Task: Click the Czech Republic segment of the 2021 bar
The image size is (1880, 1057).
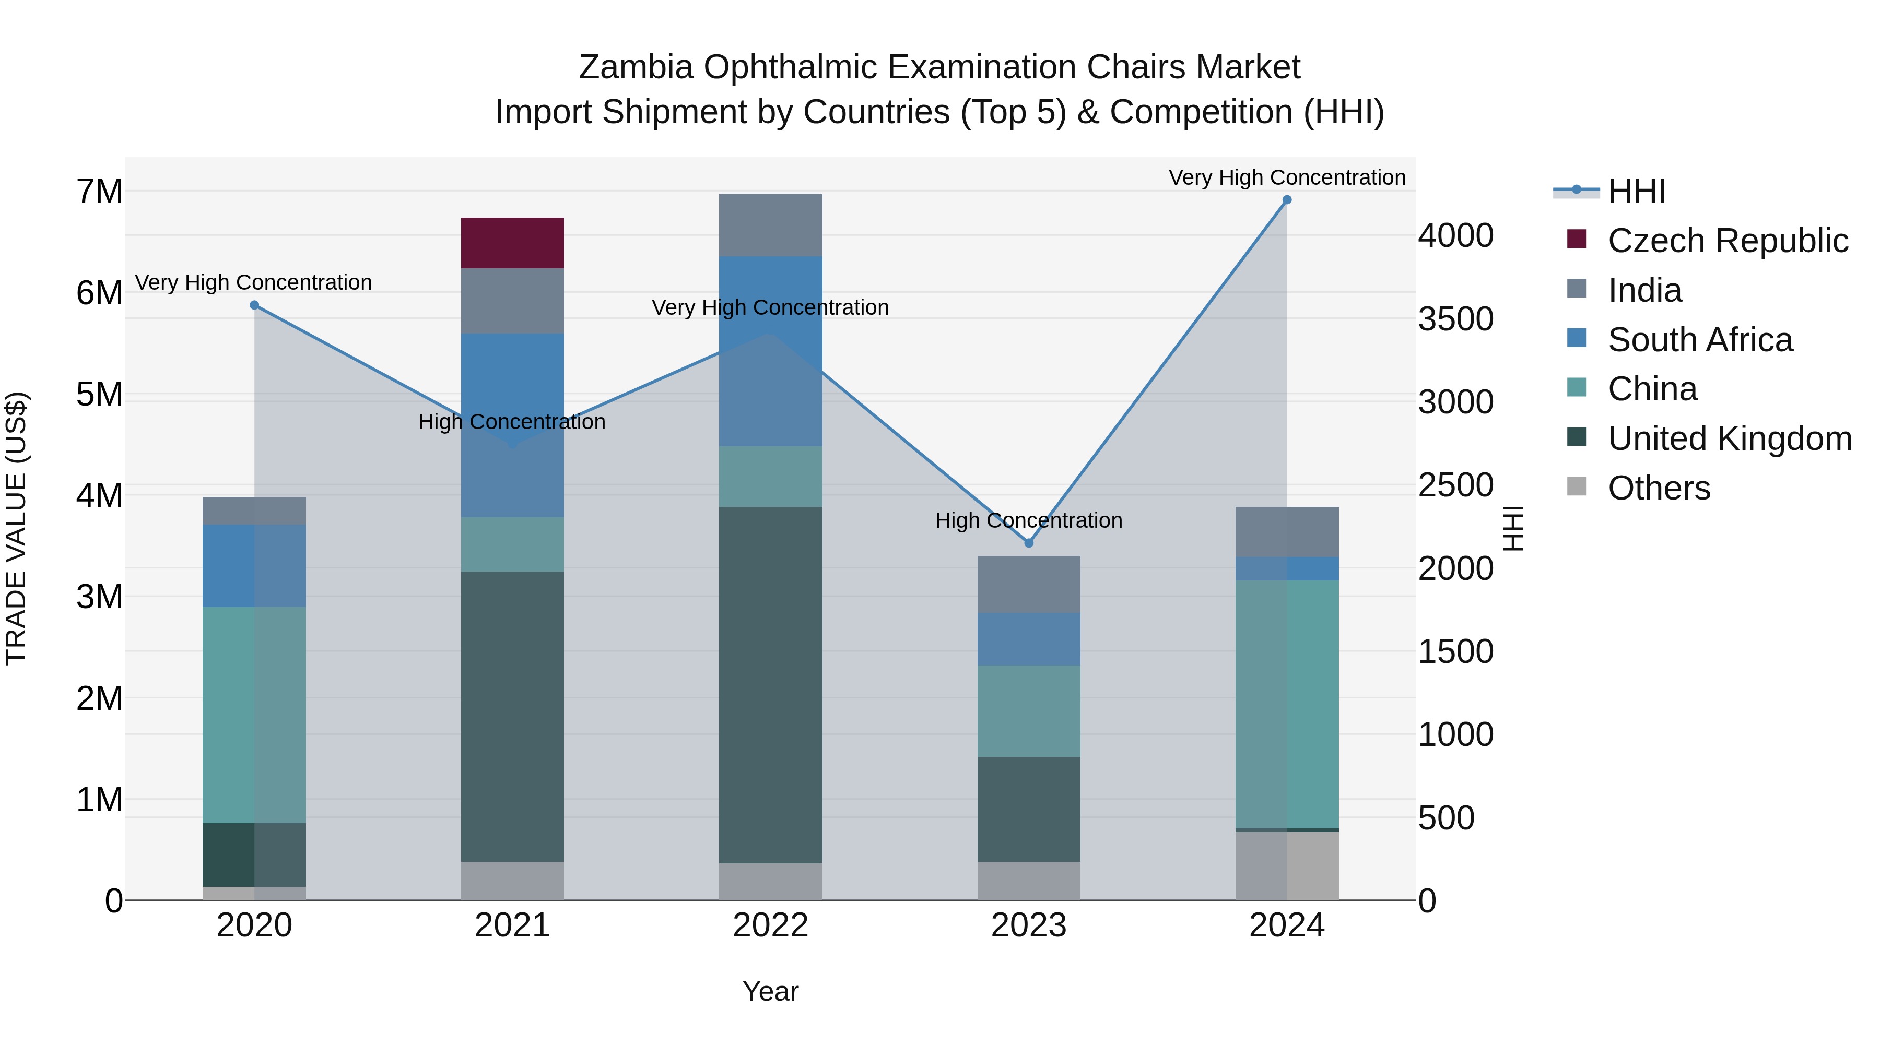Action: click(512, 243)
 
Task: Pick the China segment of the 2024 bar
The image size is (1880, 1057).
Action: click(1287, 704)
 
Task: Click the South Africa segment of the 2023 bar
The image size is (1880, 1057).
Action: click(1028, 639)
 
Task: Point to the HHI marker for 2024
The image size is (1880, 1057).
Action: click(1287, 200)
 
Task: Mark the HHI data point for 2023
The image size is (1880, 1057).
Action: click(1028, 543)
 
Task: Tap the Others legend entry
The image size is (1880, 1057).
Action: click(1658, 488)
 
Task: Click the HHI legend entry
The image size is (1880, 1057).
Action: click(1636, 191)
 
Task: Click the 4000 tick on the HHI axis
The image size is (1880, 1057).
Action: click(1455, 235)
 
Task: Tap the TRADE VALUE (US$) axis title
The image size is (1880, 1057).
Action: click(16, 528)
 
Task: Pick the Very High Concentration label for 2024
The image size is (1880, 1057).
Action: click(1287, 177)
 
